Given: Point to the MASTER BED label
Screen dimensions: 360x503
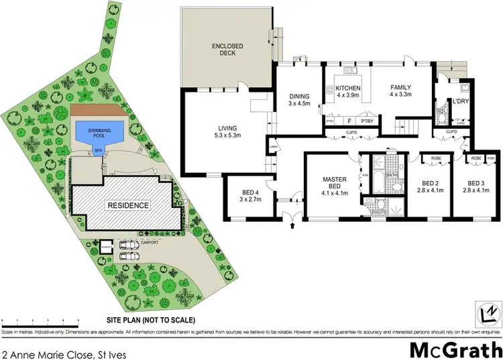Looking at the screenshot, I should (x=333, y=184).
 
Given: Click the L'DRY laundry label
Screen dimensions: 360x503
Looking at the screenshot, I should (x=461, y=102).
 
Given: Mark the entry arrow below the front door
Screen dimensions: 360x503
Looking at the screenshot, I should (x=292, y=227).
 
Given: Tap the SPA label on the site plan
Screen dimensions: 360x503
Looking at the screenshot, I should (x=98, y=151).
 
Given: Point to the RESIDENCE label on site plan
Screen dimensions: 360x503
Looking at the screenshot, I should (x=127, y=204).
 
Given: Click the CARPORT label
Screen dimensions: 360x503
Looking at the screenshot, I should (x=150, y=241).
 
